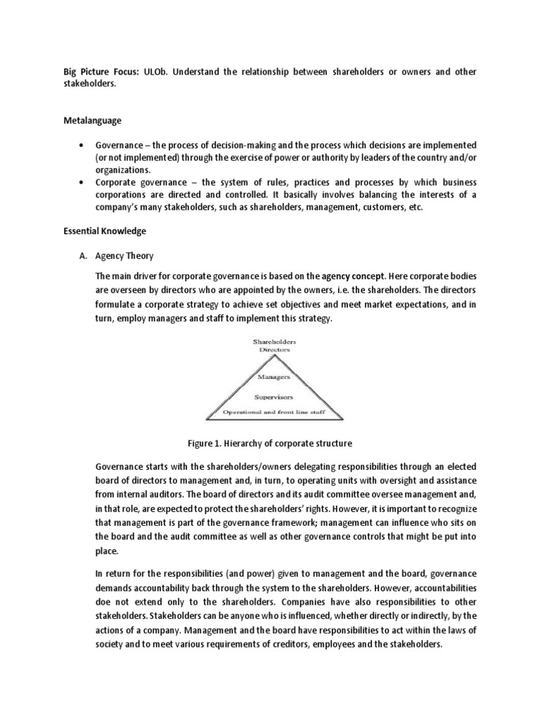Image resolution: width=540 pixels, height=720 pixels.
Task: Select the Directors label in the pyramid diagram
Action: coord(274,349)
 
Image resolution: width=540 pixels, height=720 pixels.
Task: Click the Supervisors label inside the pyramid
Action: coord(273,397)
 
